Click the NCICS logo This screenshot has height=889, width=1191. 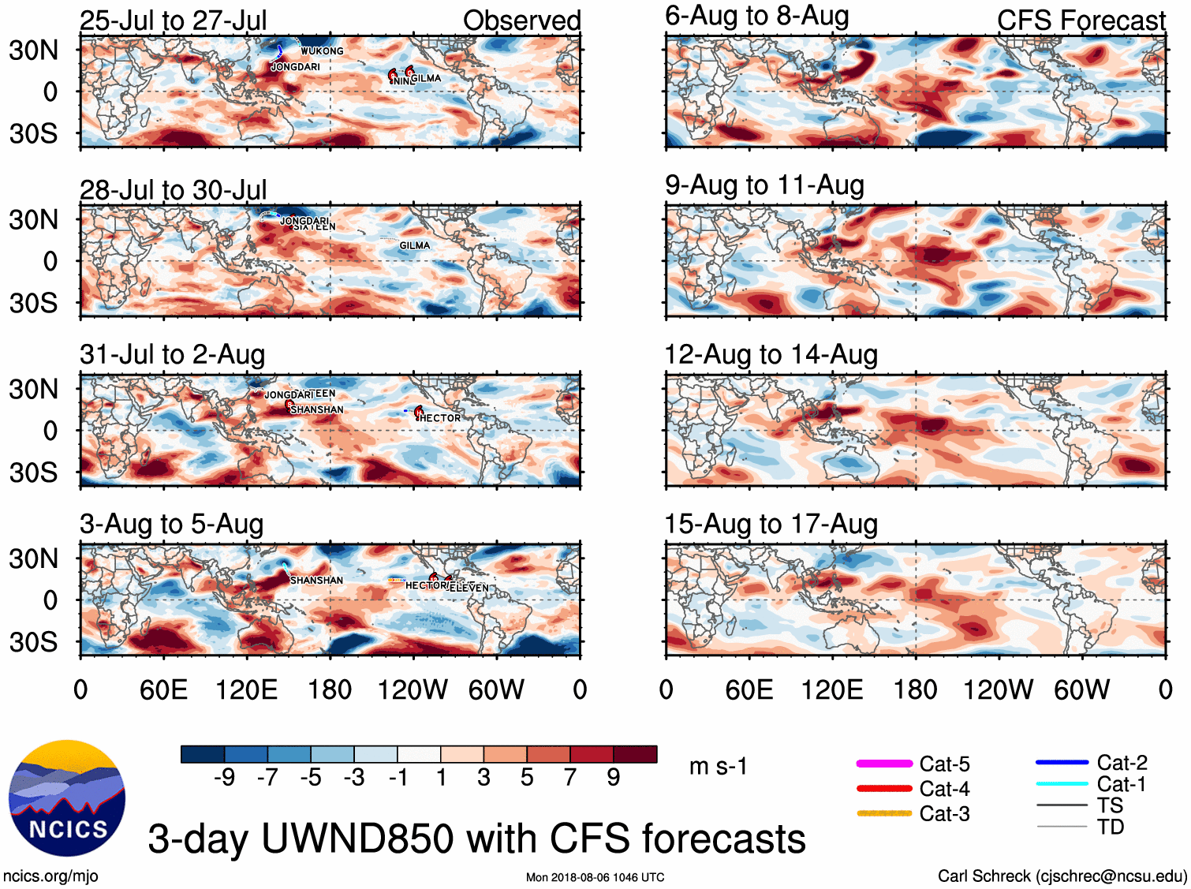(67, 797)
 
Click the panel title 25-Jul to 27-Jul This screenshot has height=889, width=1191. (173, 21)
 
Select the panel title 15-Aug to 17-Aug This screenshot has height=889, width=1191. (771, 524)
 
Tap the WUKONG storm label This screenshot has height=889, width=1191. (322, 51)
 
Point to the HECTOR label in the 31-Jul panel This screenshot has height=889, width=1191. (440, 418)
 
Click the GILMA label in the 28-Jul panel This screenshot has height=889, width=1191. (415, 245)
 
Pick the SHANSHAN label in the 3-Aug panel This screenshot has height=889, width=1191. (317, 581)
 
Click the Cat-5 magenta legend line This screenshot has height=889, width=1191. (884, 764)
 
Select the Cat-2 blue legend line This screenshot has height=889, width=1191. (1062, 762)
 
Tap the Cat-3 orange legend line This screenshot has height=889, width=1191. (884, 813)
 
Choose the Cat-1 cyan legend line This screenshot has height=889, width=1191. (1062, 784)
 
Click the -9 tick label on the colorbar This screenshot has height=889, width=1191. (225, 778)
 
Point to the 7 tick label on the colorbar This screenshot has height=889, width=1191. (570, 778)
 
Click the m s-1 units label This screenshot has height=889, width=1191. (718, 766)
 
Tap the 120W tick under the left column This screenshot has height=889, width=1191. (413, 690)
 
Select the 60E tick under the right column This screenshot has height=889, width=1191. (749, 690)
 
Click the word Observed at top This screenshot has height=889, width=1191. (521, 21)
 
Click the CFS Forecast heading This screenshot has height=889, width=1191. (1081, 21)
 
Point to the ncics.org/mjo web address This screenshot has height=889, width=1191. (50, 876)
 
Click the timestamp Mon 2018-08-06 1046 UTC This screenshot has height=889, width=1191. (595, 877)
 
